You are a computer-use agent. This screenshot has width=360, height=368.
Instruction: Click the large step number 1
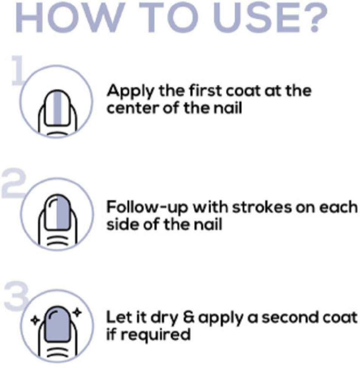(x=18, y=70)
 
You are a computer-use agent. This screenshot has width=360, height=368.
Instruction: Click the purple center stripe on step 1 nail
(x=57, y=108)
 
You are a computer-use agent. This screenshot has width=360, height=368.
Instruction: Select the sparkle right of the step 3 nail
(x=77, y=312)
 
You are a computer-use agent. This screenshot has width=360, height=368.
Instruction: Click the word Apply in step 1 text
(x=130, y=91)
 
